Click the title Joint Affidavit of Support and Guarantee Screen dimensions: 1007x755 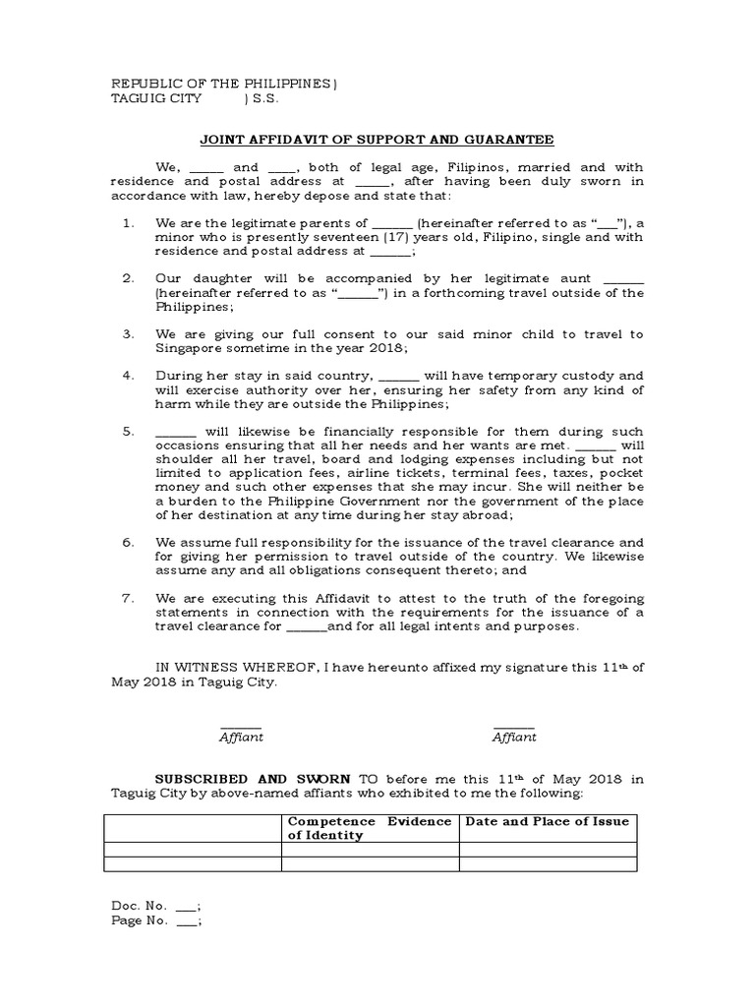(x=377, y=139)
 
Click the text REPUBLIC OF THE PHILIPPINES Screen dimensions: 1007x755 (x=221, y=84)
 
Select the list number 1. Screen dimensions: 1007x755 (x=128, y=224)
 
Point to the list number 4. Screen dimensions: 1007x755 (x=128, y=376)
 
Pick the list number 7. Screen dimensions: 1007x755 (x=128, y=597)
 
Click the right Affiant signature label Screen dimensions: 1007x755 (x=514, y=737)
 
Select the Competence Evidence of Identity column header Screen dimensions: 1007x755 (x=369, y=828)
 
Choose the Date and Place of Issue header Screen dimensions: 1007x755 (x=547, y=821)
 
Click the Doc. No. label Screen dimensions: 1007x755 (x=139, y=905)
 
